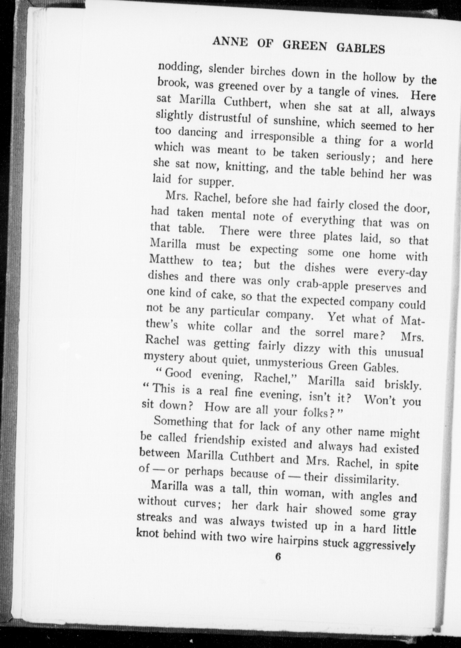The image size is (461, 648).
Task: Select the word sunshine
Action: pyautogui.click(x=292, y=122)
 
